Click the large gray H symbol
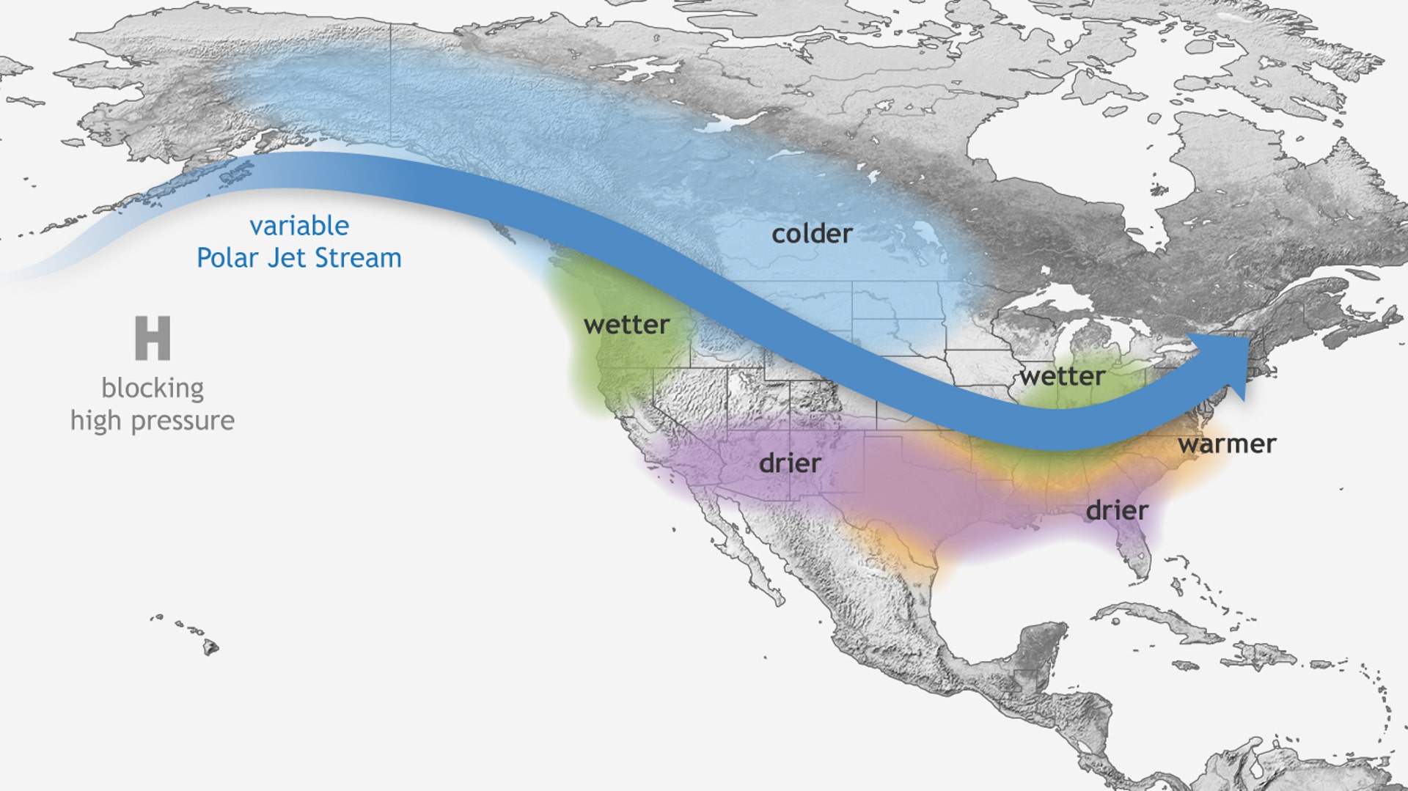[153, 338]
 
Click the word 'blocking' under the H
[153, 388]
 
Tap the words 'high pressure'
[153, 421]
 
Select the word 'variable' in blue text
[299, 226]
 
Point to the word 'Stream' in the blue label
[367, 258]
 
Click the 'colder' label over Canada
[812, 234]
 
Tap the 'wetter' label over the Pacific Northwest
[626, 325]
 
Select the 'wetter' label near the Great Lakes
[1062, 377]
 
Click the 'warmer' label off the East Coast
[1227, 444]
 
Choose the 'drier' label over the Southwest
[790, 463]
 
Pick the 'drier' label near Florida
[1116, 510]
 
